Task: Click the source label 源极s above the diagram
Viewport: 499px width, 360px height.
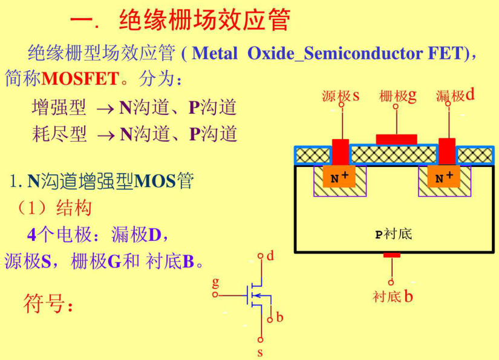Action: point(341,96)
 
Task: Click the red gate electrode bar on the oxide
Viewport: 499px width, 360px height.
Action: point(396,139)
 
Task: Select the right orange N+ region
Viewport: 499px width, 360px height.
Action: point(444,177)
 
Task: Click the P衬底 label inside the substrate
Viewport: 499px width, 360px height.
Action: point(393,234)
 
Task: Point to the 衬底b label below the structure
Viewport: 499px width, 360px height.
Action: point(393,296)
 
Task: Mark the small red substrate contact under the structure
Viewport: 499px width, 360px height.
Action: point(392,255)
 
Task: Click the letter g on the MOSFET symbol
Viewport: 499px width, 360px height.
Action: point(215,283)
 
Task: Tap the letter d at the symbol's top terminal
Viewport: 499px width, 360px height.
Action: point(270,256)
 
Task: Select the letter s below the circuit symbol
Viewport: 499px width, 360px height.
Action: point(260,353)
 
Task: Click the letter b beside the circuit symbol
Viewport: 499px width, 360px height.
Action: point(279,318)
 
